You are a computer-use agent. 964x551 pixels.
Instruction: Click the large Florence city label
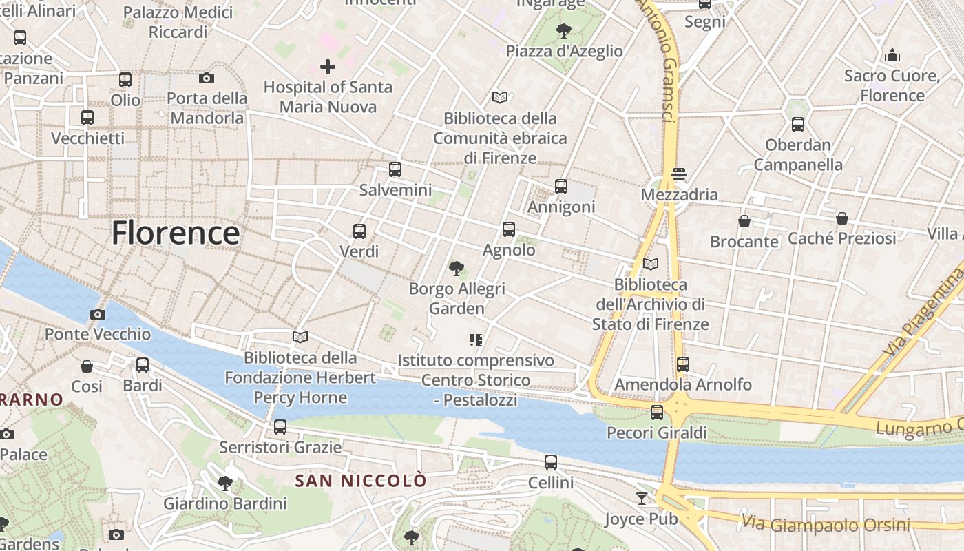176,233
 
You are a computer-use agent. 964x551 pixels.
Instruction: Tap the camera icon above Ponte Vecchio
98,315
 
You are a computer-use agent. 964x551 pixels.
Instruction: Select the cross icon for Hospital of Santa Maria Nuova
328,67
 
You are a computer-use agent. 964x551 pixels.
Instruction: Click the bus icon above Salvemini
395,169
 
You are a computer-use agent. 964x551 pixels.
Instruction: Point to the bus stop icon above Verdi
359,231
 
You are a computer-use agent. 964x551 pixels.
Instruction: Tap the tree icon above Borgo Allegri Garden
456,269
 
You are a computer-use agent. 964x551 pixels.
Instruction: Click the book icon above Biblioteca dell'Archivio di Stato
651,264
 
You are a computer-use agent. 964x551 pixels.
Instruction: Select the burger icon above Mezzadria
679,174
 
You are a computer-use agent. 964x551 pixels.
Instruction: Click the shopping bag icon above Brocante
744,221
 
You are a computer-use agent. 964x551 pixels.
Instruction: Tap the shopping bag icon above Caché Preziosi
841,218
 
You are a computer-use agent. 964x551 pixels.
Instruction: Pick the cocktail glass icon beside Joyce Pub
642,498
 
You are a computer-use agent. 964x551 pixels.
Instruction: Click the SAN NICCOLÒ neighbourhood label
361,481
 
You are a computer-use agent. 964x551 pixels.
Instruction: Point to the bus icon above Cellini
551,462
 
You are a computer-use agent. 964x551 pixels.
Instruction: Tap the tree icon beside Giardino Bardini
224,483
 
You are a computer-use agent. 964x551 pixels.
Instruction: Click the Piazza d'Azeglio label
564,51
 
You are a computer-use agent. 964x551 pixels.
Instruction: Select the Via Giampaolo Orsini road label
826,524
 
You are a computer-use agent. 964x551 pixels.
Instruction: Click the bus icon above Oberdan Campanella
798,125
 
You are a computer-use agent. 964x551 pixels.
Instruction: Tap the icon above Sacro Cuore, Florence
892,55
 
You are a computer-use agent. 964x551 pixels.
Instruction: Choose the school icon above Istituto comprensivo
475,340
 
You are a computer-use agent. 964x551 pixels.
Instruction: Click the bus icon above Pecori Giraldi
657,413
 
